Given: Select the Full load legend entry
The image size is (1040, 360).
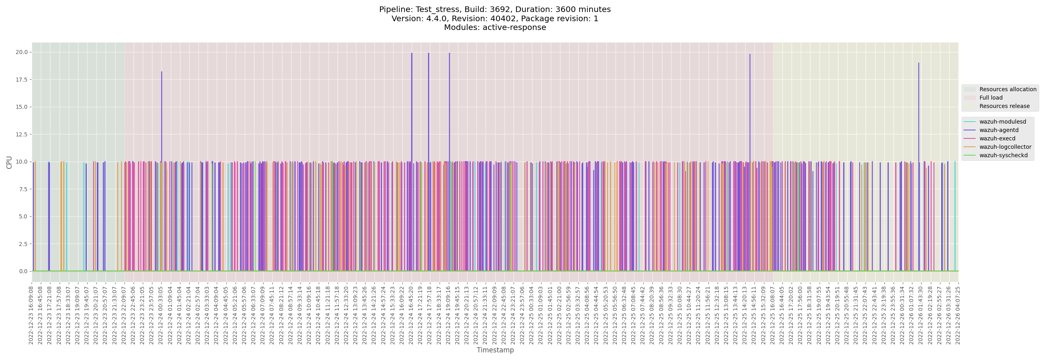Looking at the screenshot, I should point(991,98).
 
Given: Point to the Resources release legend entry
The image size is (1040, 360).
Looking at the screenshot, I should point(1004,106).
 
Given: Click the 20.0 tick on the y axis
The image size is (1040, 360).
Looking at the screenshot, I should point(21,52).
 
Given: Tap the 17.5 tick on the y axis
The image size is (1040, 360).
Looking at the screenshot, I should point(21,80).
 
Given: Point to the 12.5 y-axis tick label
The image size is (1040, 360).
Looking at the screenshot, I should point(21,134).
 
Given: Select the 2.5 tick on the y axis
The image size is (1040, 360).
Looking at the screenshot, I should point(23,244).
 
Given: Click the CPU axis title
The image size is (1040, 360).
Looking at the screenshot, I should point(9,162).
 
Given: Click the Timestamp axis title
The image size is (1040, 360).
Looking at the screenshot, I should point(495,350).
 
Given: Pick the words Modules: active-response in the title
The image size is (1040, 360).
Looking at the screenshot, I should point(495,28).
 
